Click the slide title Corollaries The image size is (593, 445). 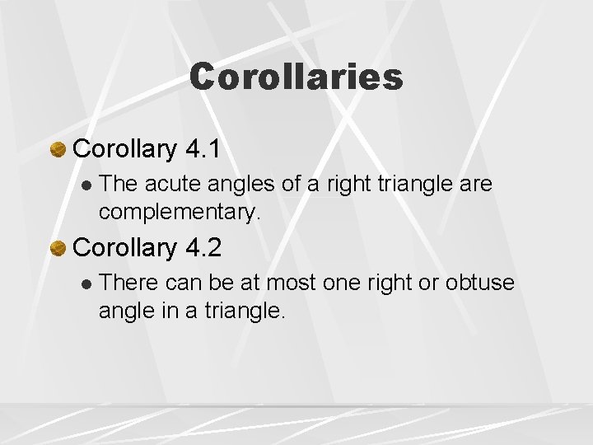[296, 77]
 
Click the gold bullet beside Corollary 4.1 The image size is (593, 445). [58, 149]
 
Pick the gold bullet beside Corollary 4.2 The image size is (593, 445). [58, 248]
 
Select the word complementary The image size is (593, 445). [179, 212]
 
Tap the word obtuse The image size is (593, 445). [480, 283]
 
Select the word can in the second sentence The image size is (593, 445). [184, 283]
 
